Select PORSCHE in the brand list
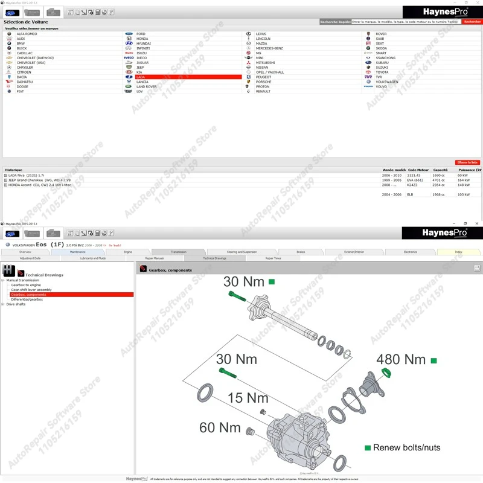(263, 82)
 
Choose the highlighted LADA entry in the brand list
(140, 77)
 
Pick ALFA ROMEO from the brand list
(27, 34)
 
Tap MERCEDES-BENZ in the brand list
(269, 48)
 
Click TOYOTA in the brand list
(382, 72)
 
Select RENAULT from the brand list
(263, 92)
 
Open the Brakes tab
(301, 252)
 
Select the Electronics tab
(411, 252)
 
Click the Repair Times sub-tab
(273, 258)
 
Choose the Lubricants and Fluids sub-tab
(93, 258)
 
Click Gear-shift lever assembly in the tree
(31, 290)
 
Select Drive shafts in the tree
(16, 304)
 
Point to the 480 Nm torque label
(401, 360)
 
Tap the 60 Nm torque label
(220, 427)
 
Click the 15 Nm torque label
(248, 398)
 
